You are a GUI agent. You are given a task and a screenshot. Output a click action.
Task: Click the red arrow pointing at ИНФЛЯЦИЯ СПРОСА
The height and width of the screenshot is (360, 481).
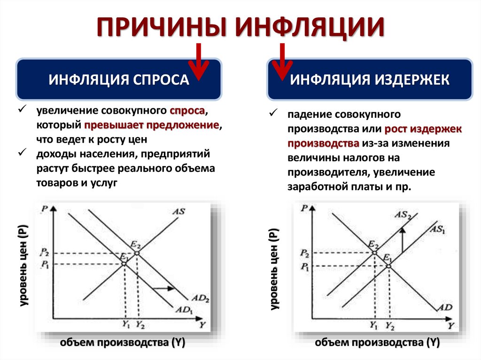(x=199, y=61)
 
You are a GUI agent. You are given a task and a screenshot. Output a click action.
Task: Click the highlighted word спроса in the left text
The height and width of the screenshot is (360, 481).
(x=187, y=112)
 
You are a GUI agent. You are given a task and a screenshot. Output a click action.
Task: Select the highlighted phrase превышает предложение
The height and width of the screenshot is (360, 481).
(x=152, y=125)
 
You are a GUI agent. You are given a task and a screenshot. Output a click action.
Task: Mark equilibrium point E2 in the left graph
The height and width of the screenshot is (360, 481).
(x=137, y=253)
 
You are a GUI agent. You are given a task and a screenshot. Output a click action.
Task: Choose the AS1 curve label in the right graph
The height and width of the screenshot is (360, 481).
(x=437, y=230)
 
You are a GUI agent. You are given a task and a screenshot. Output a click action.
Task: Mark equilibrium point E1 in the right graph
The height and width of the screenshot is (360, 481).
(x=389, y=266)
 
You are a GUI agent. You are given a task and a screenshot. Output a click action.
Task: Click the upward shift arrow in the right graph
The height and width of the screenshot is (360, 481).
(x=402, y=240)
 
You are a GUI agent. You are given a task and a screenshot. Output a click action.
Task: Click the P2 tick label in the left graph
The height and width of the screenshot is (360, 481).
(x=45, y=253)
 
